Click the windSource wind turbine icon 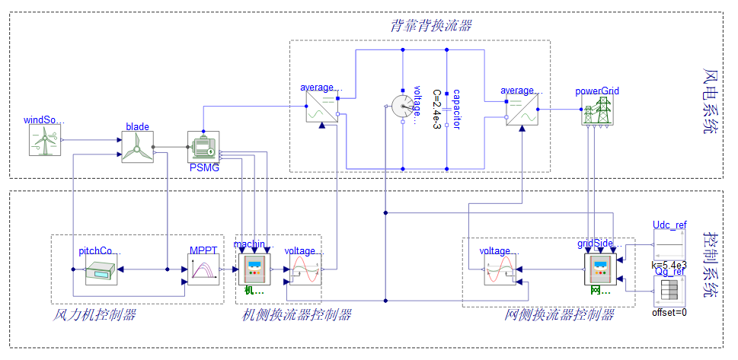[44, 140]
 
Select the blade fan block [138, 147]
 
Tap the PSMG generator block [203, 147]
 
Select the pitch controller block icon [101, 270]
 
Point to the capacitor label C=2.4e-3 [436, 109]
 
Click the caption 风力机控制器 [94, 314]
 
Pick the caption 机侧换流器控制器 [297, 314]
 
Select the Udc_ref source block [670, 245]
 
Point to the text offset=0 [669, 312]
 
